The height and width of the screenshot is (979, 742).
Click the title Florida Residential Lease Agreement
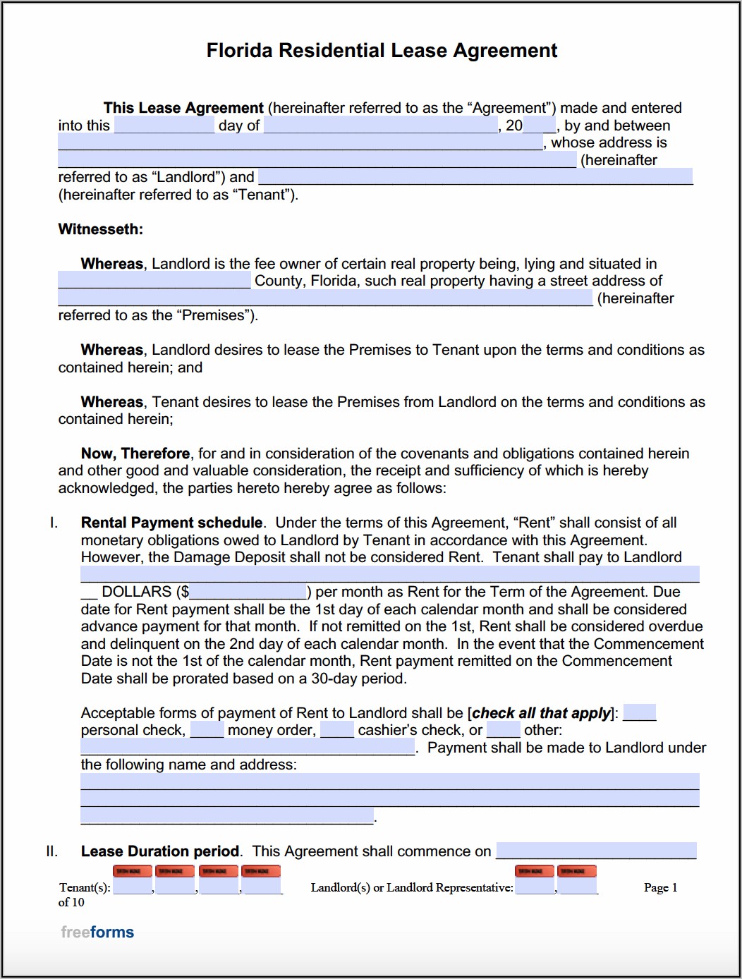click(382, 51)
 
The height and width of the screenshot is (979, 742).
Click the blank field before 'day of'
click(164, 126)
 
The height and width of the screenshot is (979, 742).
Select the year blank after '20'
click(540, 126)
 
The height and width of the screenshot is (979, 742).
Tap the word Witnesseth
click(100, 229)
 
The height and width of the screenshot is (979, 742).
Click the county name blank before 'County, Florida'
click(154, 281)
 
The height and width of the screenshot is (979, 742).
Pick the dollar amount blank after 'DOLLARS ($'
click(248, 592)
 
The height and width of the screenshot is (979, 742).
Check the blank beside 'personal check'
click(640, 713)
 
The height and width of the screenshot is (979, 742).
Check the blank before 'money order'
click(207, 730)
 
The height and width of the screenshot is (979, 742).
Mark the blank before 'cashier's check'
click(337, 730)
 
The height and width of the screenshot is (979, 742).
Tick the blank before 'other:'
click(504, 730)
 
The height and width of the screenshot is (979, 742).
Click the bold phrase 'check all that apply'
click(541, 713)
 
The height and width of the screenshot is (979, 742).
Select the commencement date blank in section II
click(596, 851)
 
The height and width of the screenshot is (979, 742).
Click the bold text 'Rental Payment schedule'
click(171, 523)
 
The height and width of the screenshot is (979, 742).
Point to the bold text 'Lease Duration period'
click(160, 851)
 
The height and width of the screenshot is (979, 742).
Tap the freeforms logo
click(97, 932)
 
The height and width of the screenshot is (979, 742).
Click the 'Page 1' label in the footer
click(660, 887)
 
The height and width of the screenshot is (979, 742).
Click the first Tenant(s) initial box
click(132, 886)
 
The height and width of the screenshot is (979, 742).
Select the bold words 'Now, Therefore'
click(135, 454)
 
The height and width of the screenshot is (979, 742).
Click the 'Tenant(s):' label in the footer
click(85, 887)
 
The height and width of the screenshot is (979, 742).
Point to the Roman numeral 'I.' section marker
click(54, 523)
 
